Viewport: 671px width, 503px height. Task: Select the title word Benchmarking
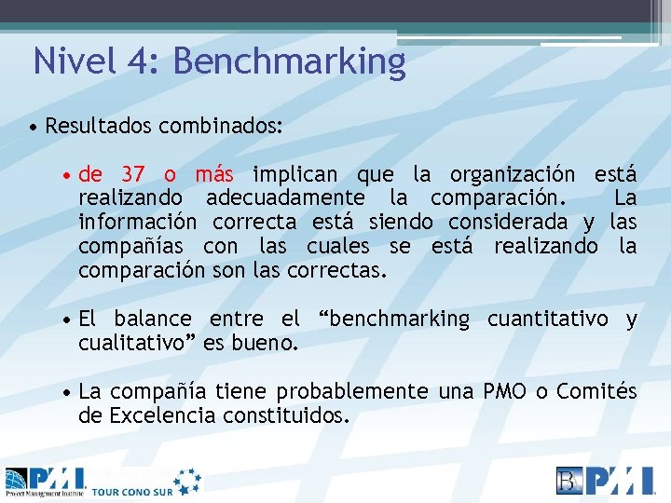[x=289, y=62]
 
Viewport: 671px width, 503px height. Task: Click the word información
[x=137, y=223]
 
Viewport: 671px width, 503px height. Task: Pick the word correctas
[x=339, y=271]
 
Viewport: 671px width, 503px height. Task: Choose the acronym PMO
[x=503, y=392]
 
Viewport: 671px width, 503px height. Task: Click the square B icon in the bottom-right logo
[x=569, y=480]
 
